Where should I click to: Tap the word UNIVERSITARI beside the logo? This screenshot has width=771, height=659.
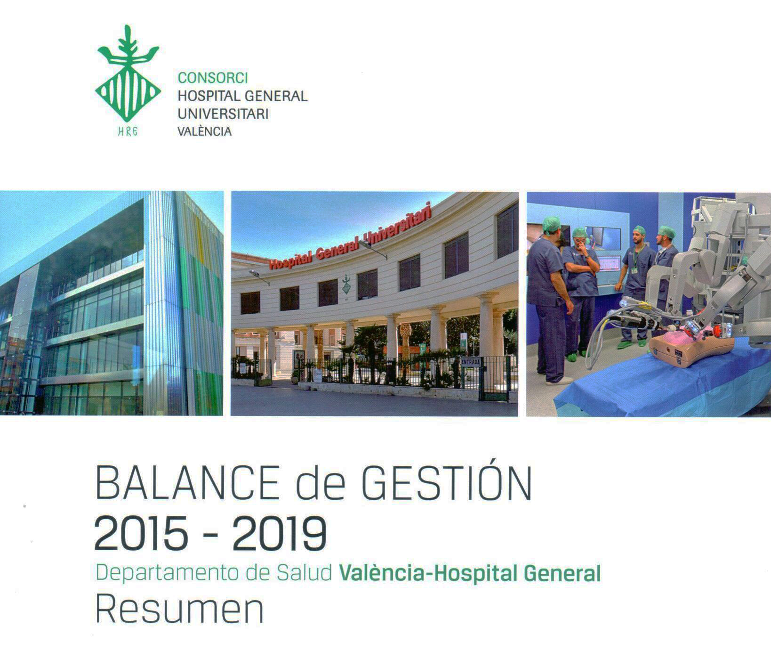click(x=223, y=114)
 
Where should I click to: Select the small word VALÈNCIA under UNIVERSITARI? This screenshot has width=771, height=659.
click(x=204, y=131)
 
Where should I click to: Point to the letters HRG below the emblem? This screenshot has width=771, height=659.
click(x=128, y=131)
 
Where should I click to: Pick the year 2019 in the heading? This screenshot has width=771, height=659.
click(x=279, y=534)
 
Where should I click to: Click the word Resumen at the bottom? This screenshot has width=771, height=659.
click(x=179, y=610)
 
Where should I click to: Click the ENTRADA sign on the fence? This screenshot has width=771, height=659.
click(x=471, y=362)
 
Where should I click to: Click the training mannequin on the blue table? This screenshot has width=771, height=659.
click(x=690, y=346)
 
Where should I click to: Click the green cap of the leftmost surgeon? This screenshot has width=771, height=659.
click(x=551, y=224)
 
